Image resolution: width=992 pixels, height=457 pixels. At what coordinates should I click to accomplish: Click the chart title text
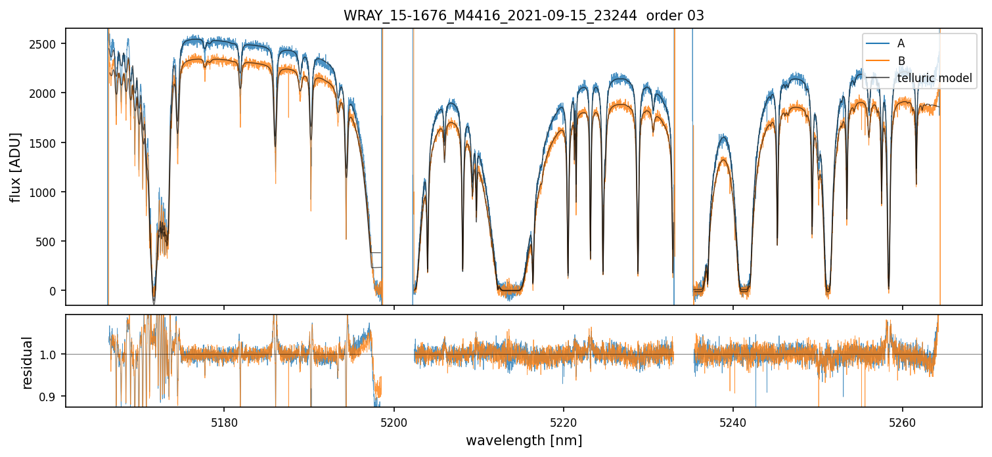click(524, 16)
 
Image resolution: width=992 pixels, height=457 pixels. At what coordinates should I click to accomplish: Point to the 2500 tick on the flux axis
click(47, 44)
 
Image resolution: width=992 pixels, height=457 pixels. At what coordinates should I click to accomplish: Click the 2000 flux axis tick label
click(47, 93)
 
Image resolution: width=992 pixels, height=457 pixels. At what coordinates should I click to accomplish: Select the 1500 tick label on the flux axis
click(47, 142)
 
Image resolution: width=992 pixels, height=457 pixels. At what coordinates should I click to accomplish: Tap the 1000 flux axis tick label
click(47, 192)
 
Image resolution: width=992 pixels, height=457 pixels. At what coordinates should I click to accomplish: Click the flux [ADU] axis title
click(15, 167)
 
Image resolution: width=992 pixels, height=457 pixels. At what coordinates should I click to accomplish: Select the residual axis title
click(27, 362)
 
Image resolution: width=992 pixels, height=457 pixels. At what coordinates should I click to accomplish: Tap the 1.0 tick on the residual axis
click(50, 355)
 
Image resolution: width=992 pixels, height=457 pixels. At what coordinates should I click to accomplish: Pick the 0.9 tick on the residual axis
click(50, 397)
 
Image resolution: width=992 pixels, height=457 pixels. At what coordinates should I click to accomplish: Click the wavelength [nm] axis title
click(524, 440)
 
